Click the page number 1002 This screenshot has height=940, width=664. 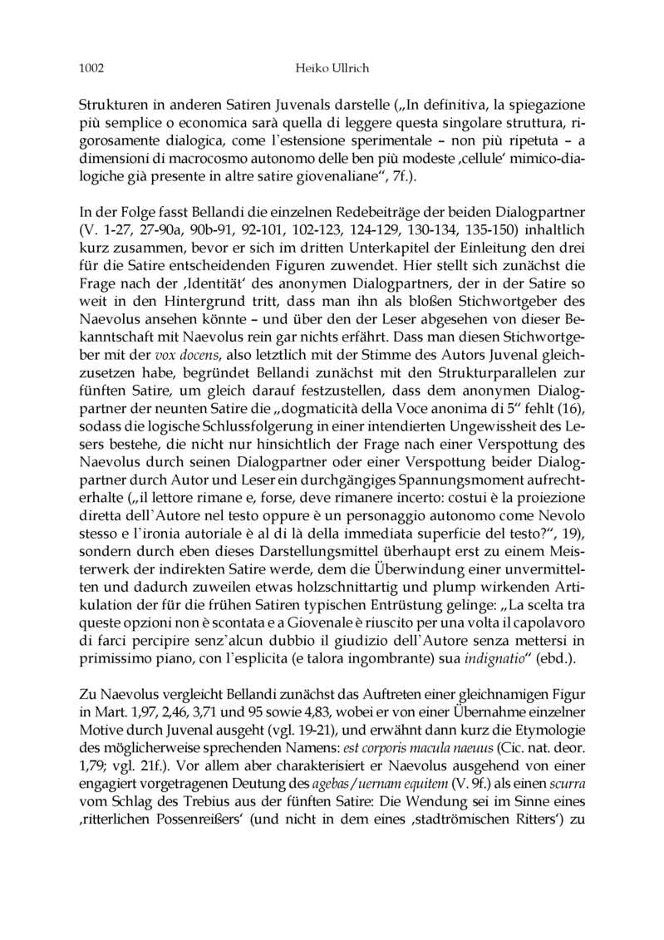tap(91, 65)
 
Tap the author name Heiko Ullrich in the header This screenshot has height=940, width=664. tap(332, 65)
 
